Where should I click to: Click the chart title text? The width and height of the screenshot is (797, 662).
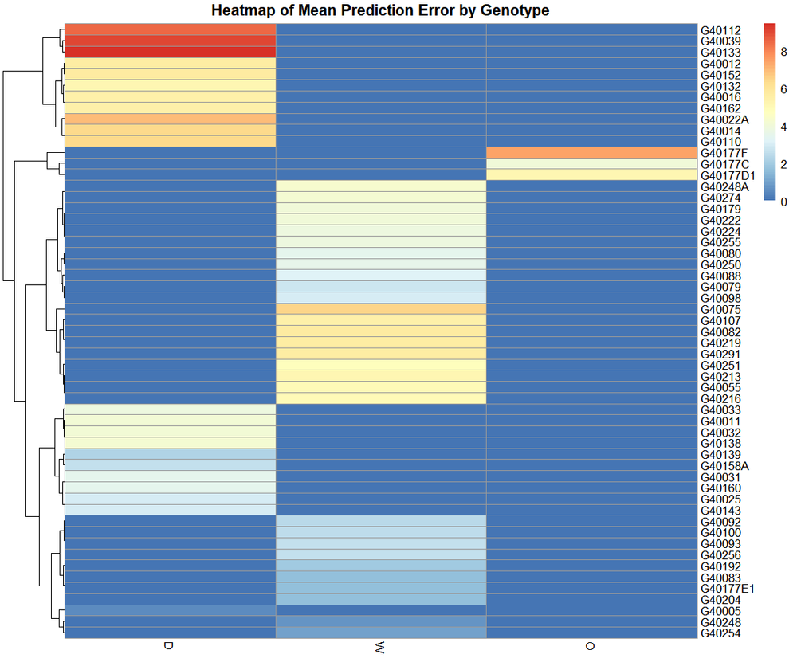coord(380,10)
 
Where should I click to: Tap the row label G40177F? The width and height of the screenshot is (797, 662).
coord(720,153)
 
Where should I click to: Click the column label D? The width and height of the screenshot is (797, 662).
coord(168,645)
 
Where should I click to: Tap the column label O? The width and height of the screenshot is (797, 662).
coord(591,646)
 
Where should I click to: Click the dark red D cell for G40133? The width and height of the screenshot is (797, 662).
coord(170,53)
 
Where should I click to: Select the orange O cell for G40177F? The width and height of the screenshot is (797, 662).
coord(591,153)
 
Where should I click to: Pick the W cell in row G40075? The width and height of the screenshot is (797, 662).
coord(380,309)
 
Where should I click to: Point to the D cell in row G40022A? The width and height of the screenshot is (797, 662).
coord(170,119)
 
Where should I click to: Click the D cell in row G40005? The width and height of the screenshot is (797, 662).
coord(170,611)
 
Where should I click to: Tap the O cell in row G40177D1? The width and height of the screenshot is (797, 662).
coord(591,175)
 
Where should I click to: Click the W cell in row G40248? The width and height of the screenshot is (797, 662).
coord(380,622)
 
